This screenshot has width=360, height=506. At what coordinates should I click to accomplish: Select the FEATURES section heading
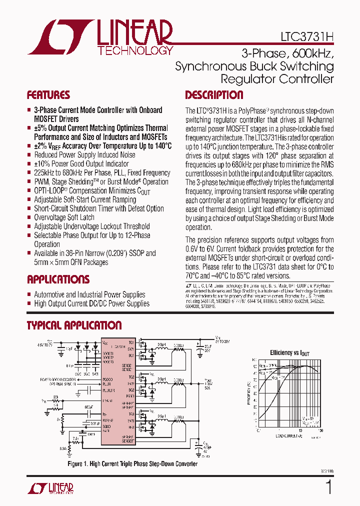click(x=48, y=95)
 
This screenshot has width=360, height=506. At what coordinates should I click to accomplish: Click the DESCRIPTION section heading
click(x=214, y=95)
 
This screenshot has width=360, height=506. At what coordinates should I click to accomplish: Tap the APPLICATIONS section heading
click(x=58, y=279)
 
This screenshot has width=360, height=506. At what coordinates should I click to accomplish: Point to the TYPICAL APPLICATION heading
click(x=74, y=325)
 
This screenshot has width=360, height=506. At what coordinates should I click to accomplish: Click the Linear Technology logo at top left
click(x=100, y=37)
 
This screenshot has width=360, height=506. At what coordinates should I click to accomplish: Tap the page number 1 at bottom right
click(x=328, y=487)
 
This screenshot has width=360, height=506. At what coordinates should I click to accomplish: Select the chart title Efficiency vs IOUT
click(x=290, y=353)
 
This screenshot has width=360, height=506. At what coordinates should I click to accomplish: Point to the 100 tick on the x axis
click(x=320, y=430)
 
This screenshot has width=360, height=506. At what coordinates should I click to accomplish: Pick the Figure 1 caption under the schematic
click(x=132, y=464)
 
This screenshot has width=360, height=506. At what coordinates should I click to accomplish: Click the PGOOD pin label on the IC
click(x=107, y=379)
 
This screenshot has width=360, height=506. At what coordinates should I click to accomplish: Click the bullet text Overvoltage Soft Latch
click(x=64, y=217)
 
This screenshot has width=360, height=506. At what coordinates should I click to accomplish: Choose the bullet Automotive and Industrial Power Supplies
click(x=89, y=294)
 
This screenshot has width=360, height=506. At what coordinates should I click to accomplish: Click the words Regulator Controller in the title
click(x=277, y=79)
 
